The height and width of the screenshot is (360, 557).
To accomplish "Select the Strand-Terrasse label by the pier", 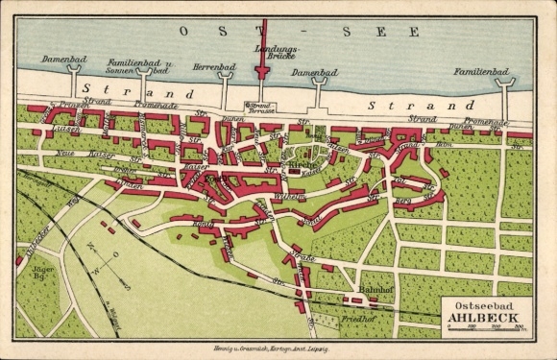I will (x=260, y=108).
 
